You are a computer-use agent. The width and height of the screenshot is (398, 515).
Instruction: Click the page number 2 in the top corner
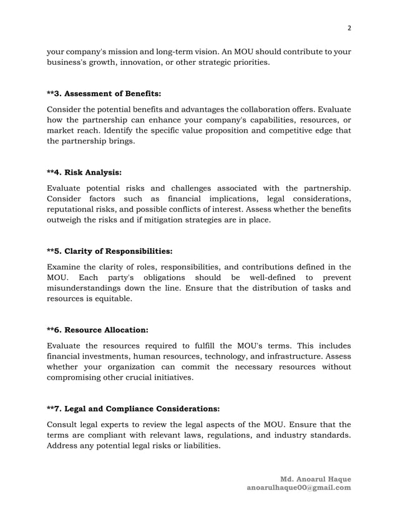tap(349, 28)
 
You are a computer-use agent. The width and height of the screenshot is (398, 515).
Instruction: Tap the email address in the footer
tap(299, 488)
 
